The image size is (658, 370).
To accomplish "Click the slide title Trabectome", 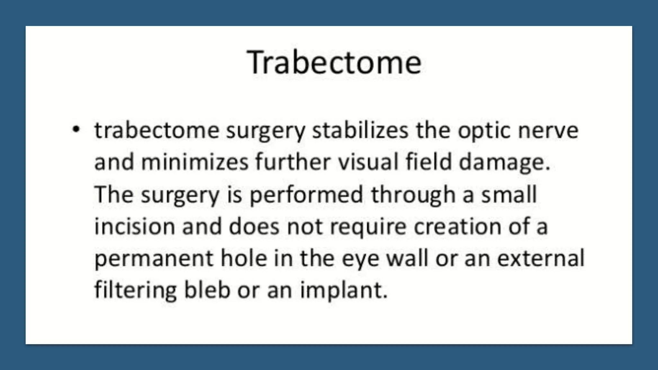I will (334, 62).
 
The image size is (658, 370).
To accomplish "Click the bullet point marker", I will (76, 130).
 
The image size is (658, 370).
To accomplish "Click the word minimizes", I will (195, 162).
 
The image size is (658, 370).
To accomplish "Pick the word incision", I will (135, 226).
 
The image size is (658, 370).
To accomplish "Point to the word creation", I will (457, 226).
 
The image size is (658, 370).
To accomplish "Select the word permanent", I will (154, 259).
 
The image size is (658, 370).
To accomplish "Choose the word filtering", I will (135, 290).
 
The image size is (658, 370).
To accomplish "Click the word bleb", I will (207, 290).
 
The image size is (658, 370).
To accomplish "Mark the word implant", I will (343, 290).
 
